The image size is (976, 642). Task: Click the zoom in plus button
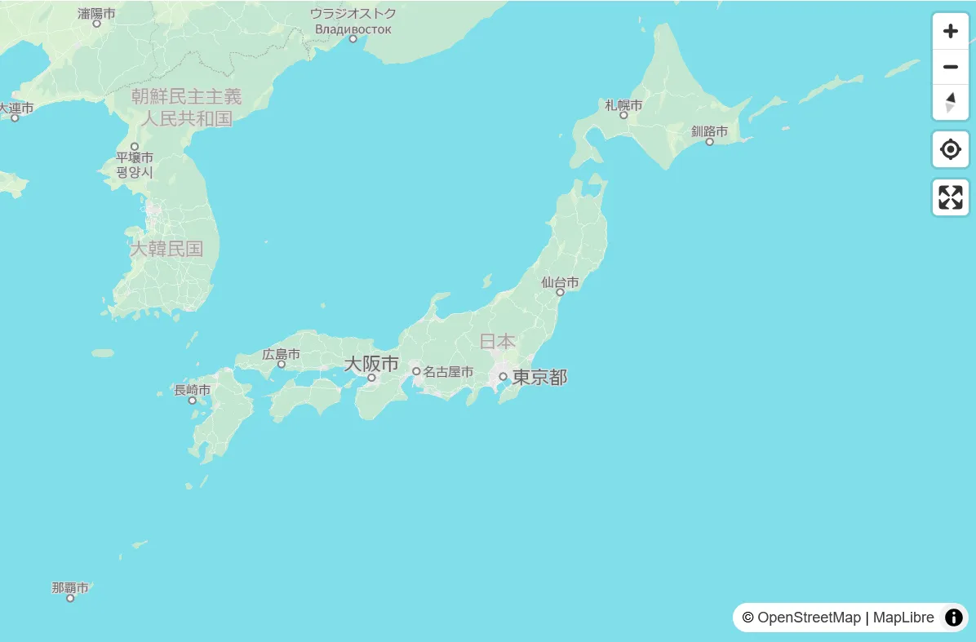tap(950, 32)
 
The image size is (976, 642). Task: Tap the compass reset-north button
tap(950, 103)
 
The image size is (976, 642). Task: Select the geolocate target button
tap(950, 150)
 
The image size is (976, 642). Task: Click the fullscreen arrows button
tap(950, 197)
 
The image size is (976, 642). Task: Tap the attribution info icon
tap(953, 618)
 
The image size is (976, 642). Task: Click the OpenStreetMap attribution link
tap(809, 618)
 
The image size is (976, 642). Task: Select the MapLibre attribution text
tap(903, 618)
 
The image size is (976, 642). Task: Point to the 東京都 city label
tap(539, 378)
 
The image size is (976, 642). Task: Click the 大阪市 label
tap(371, 364)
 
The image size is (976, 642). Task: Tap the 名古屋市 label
tap(448, 372)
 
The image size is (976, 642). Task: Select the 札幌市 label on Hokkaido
tap(623, 105)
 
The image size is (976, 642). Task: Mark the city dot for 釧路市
tap(709, 142)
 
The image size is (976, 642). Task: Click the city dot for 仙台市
tap(560, 292)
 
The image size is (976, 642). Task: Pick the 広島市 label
tap(282, 354)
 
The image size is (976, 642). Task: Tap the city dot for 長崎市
tap(193, 401)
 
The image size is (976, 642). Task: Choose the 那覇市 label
tap(70, 587)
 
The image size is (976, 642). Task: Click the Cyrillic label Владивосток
tap(353, 29)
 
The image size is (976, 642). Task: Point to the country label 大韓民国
tap(166, 249)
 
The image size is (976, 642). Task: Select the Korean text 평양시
tap(135, 173)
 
